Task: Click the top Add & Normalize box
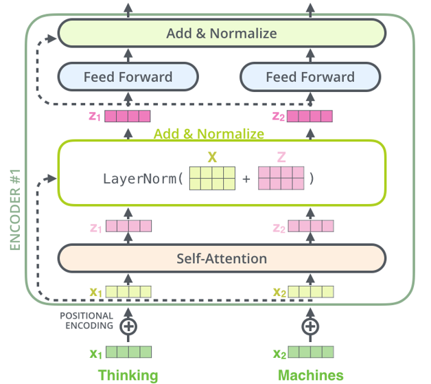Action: coord(221,33)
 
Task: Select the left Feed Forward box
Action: coord(128,77)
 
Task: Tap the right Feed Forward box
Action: coord(310,77)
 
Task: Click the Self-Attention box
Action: coord(221,258)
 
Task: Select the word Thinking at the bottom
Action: coord(128,375)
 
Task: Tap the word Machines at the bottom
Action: coord(310,375)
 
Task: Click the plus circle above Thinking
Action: coord(128,326)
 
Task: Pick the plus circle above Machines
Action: coord(310,326)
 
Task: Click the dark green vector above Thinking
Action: coord(128,353)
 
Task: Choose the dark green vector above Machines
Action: coord(311,353)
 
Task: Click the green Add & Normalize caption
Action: coord(209,133)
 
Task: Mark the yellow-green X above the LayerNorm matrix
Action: coord(212,157)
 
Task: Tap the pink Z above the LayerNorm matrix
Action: coord(281,157)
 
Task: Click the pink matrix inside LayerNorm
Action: coord(281,179)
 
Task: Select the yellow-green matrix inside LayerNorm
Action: coord(212,179)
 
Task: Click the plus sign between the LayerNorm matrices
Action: coord(246,180)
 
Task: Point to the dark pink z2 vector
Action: coord(311,116)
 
